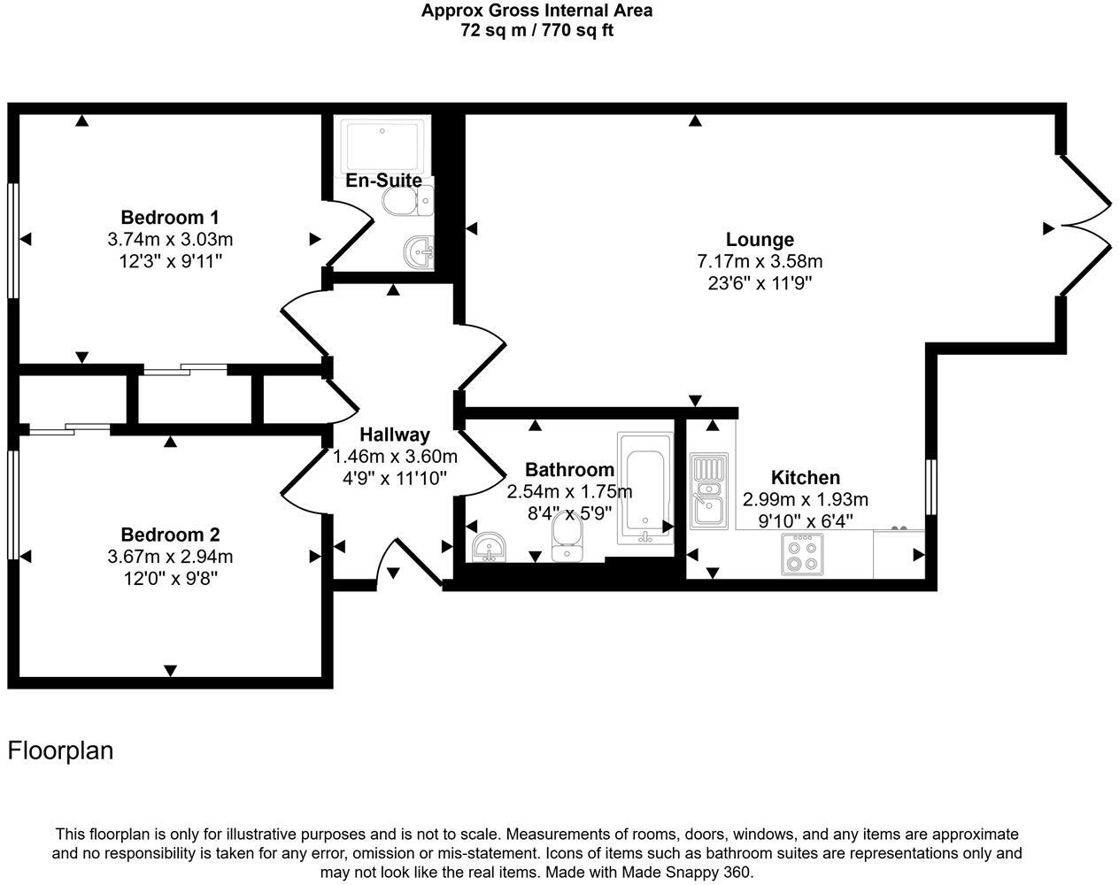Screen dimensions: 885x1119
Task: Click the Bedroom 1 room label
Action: coord(169,217)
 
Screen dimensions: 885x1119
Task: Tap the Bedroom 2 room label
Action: coord(169,535)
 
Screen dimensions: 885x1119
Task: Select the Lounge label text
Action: coord(759,239)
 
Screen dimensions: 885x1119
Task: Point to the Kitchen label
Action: coord(805,477)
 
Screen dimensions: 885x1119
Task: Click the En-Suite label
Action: coord(383,181)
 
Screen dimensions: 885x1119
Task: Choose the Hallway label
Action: coord(394,435)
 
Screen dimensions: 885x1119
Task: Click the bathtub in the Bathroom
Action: coord(644,487)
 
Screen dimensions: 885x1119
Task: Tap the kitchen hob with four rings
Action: coord(802,555)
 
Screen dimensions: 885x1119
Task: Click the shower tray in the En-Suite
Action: coord(383,145)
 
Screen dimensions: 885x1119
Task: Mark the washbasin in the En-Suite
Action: coord(418,251)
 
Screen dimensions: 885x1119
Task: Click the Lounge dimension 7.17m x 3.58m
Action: coord(759,261)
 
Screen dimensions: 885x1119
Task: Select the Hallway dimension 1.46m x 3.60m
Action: coord(394,457)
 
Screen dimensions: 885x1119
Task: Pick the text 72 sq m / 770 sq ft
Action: coord(536,30)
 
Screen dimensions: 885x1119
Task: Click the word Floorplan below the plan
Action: coord(60,750)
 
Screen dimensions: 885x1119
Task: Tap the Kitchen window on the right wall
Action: coord(930,487)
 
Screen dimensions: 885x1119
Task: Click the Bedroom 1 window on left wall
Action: coord(12,239)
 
